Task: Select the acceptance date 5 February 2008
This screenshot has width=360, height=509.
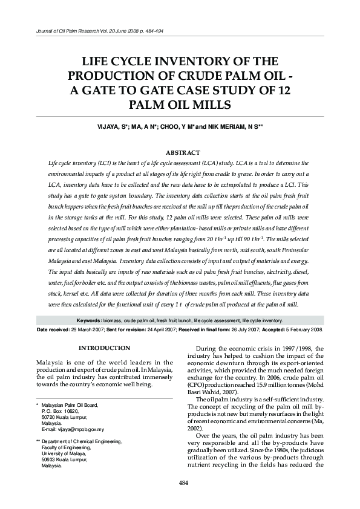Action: click(304, 330)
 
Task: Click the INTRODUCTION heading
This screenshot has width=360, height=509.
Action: click(105, 348)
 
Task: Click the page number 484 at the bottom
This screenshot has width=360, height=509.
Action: click(180, 481)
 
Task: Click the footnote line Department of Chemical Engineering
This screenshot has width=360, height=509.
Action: click(82, 441)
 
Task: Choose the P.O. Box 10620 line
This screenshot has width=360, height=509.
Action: click(65, 410)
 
